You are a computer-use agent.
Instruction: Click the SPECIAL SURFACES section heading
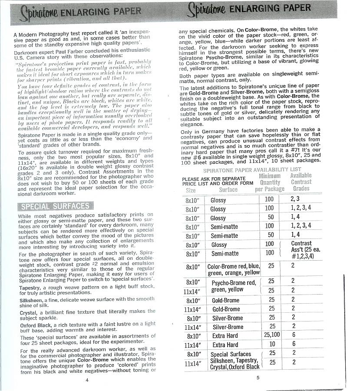pyautogui.click(x=54, y=206)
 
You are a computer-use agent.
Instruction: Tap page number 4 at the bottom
pyautogui.click(x=87, y=380)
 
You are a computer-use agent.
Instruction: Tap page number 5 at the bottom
pyautogui.click(x=258, y=377)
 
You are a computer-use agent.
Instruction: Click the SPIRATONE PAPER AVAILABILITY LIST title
pyautogui.click(x=252, y=169)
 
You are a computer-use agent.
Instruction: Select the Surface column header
pyautogui.click(x=228, y=189)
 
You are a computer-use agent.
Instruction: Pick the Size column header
pyautogui.click(x=191, y=190)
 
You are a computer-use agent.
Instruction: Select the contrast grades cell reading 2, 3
pyautogui.click(x=295, y=199)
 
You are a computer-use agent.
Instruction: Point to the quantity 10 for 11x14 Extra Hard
pyautogui.click(x=272, y=344)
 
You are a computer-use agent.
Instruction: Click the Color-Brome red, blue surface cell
pyautogui.click(x=234, y=269)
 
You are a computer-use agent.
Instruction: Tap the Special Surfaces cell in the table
pyautogui.click(x=231, y=354)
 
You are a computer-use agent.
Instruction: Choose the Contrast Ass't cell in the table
pyautogui.click(x=302, y=249)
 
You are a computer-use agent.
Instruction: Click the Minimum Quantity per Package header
pyautogui.click(x=270, y=182)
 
